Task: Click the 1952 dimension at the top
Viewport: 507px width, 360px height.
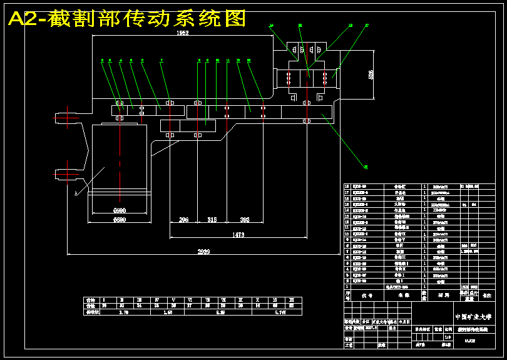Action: coord(182,33)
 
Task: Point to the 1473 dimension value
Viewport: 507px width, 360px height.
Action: coord(238,235)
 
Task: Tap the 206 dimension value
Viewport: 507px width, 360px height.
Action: coord(183,220)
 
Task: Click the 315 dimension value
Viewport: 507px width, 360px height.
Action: coord(212,220)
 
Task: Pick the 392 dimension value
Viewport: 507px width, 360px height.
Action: coord(244,220)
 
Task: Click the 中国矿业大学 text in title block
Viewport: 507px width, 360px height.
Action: coord(473,317)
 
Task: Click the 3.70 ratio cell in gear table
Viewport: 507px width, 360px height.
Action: coord(123,311)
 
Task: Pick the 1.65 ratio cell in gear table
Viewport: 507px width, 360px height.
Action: coord(167,311)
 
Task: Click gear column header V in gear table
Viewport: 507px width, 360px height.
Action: coord(173,300)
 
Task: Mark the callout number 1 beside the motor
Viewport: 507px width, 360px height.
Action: coord(75,194)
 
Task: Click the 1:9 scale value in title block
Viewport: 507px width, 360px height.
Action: coord(447,335)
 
